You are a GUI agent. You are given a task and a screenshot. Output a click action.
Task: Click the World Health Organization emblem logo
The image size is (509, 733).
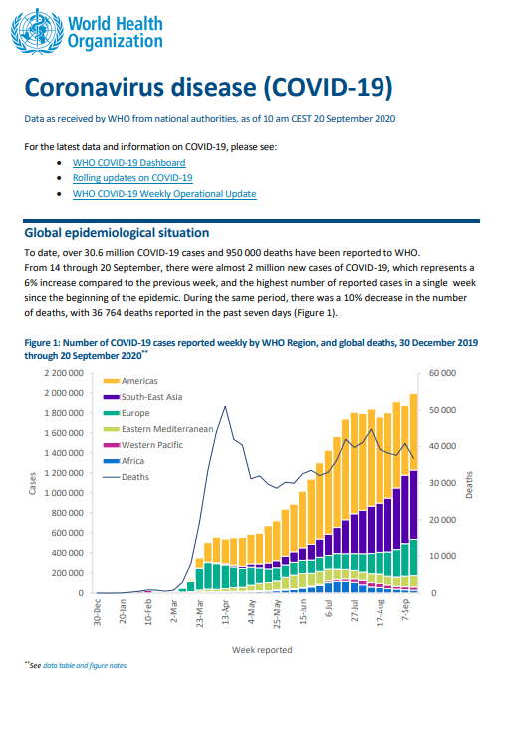point(38,32)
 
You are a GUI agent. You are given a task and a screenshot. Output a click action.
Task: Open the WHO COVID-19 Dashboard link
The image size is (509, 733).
point(129,163)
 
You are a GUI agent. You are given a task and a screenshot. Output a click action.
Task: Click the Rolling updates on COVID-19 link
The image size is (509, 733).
point(132,178)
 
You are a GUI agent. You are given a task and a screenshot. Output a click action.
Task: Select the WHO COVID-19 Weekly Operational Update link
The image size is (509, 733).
point(164,194)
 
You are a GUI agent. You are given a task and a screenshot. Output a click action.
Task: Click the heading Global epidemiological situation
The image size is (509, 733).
point(117,233)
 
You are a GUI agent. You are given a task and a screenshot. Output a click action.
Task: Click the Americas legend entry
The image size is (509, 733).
point(130,381)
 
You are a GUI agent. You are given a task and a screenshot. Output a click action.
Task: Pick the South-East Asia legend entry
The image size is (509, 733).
point(142,397)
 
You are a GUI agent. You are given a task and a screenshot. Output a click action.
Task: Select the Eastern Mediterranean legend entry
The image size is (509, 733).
point(158,429)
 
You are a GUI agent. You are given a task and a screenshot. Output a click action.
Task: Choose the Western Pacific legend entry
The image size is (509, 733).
point(143,445)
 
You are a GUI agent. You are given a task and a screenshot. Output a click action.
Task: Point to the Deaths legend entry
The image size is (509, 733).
point(127,477)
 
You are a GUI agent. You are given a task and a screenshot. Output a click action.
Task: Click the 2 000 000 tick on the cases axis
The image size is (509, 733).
point(64,393)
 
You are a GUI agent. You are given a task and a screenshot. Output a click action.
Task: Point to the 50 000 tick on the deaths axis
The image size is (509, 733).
point(442,410)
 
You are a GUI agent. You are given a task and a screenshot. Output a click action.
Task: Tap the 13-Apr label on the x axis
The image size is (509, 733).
point(226,611)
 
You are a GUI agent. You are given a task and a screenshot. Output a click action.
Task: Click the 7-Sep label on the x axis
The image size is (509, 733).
point(405,610)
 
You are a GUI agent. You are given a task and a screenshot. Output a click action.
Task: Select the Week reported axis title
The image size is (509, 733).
point(262,650)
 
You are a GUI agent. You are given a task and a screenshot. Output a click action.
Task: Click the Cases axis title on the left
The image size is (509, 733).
point(32,483)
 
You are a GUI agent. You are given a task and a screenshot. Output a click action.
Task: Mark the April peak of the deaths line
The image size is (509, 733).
point(226,406)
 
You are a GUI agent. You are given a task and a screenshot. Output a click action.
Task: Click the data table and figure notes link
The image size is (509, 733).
point(85,665)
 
